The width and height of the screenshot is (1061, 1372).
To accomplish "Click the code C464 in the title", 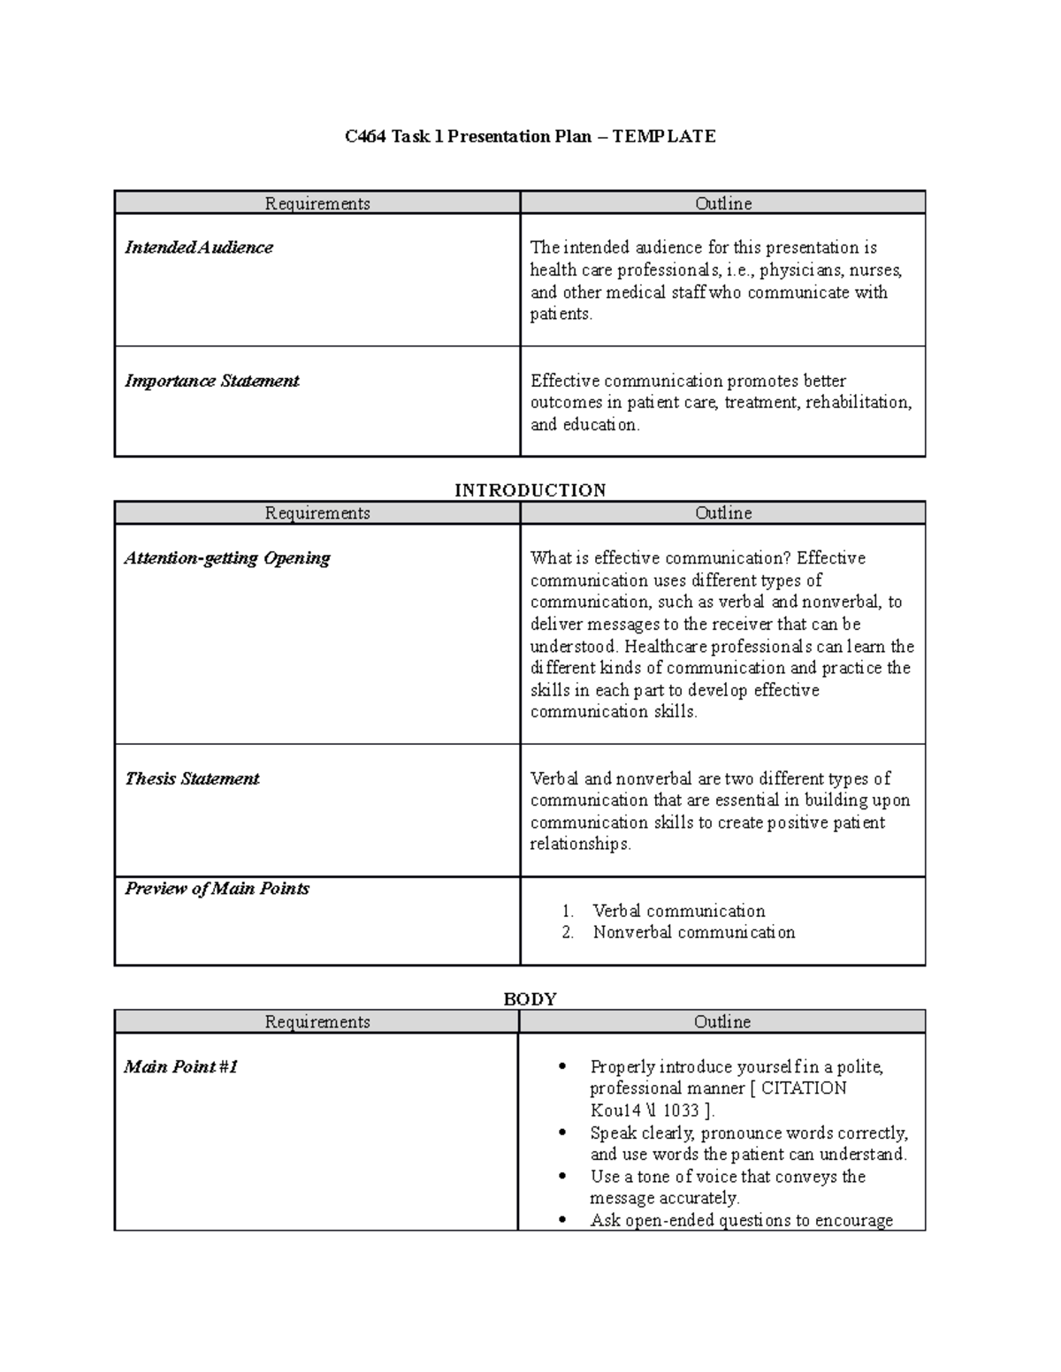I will pyautogui.click(x=365, y=136).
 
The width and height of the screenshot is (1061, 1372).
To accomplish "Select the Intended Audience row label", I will pyautogui.click(x=198, y=247).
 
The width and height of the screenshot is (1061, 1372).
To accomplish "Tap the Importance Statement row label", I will pyautogui.click(x=211, y=381).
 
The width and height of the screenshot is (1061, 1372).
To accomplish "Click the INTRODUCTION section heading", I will pyautogui.click(x=530, y=490).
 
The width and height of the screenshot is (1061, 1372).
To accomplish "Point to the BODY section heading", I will pyautogui.click(x=530, y=999).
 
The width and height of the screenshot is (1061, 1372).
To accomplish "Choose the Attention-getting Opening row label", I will pyautogui.click(x=226, y=558).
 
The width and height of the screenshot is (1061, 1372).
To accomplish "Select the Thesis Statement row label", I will pyautogui.click(x=192, y=778).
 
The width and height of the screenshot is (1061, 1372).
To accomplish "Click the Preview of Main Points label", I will pyautogui.click(x=217, y=889).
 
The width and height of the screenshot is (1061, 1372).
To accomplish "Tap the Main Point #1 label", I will pyautogui.click(x=180, y=1066).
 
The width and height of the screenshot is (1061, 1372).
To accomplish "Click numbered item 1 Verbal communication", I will pyautogui.click(x=678, y=911).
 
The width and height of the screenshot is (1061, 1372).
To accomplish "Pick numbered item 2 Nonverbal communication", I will pyautogui.click(x=693, y=933).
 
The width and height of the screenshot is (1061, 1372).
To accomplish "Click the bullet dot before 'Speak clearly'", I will pyautogui.click(x=563, y=1133).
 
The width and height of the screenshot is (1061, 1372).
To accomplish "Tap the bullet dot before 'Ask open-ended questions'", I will pyautogui.click(x=563, y=1221).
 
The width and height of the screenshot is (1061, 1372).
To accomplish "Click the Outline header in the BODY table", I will pyautogui.click(x=721, y=1022).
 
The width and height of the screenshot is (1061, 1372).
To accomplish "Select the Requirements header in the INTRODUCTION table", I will pyautogui.click(x=317, y=513).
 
